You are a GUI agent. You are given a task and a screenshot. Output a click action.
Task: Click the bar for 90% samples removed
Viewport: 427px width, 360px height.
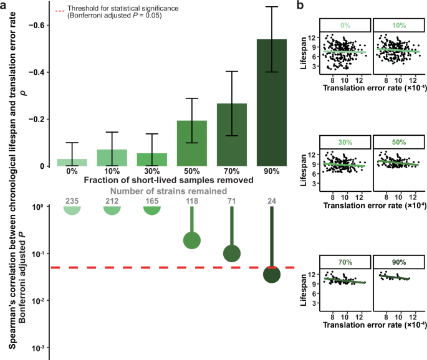click(271, 103)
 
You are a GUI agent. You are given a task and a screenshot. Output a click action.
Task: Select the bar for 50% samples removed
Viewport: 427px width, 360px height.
click(193, 143)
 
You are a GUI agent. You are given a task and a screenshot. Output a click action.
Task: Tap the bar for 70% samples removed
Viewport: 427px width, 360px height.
click(232, 135)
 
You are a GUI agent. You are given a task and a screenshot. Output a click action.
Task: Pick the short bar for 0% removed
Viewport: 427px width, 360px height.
click(72, 163)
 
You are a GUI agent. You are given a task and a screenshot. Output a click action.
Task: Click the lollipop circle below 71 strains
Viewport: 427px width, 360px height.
click(232, 253)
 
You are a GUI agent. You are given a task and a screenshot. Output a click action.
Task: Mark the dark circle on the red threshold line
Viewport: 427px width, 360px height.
click(271, 274)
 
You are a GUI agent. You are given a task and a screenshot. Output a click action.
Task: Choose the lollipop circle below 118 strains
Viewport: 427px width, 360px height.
click(193, 240)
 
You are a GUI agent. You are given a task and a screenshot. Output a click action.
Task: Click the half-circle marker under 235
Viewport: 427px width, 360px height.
click(72, 211)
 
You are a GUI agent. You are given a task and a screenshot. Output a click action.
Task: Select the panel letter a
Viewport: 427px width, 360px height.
click(4, 6)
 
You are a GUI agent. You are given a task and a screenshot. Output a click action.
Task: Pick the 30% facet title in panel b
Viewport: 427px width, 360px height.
click(345, 141)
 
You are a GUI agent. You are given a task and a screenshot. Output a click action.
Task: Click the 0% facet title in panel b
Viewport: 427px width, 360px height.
click(345, 26)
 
